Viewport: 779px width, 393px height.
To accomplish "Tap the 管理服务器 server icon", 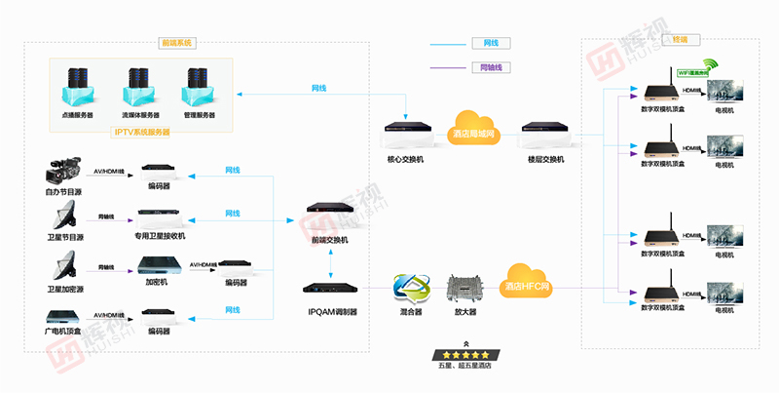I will (199, 86).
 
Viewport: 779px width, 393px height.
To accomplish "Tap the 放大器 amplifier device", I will (465, 290).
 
